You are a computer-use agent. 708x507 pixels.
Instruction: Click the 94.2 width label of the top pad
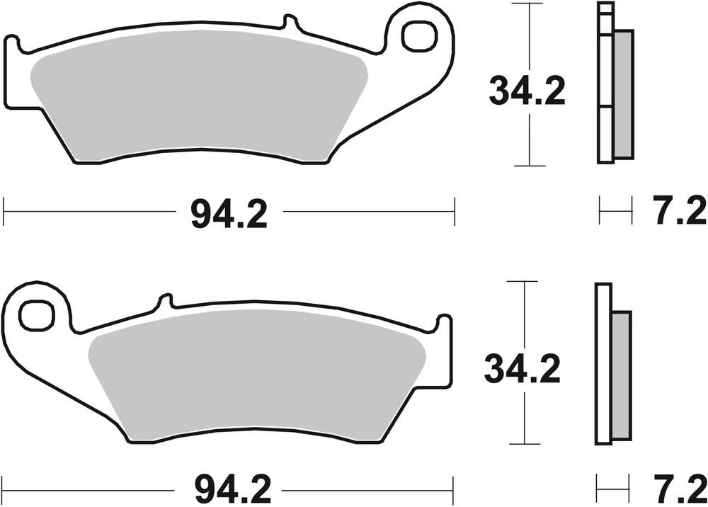pos(229,212)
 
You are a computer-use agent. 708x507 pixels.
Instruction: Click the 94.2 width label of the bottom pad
pos(229,489)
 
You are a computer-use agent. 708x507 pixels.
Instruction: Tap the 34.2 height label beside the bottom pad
pos(523,368)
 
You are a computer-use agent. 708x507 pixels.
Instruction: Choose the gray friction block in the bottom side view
pos(620,375)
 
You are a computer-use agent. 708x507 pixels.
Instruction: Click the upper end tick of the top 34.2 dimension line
pos(529,4)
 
